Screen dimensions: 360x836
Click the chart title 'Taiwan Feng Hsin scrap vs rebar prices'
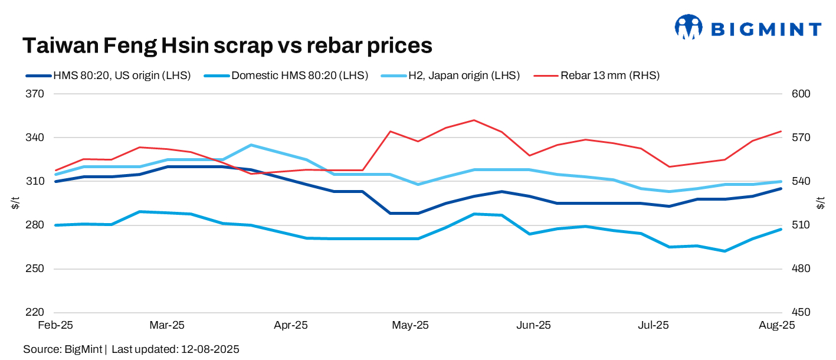[x=227, y=45]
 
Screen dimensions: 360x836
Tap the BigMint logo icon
[x=689, y=27]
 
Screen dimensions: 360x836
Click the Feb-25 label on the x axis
[x=55, y=325]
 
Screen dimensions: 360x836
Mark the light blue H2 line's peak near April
[x=251, y=145]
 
